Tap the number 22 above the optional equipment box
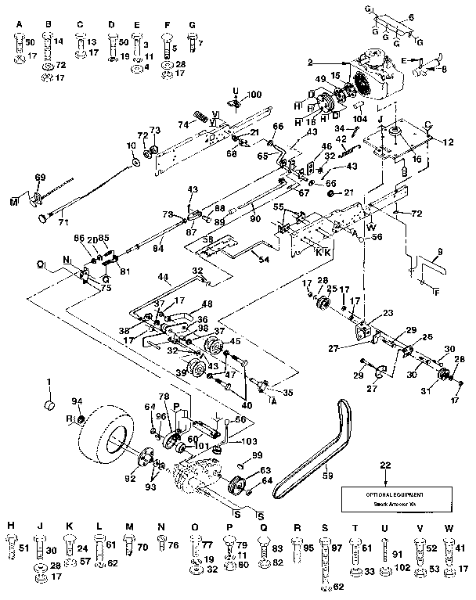tap(384, 466)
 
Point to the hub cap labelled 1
tap(49, 406)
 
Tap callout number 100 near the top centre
tap(254, 94)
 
